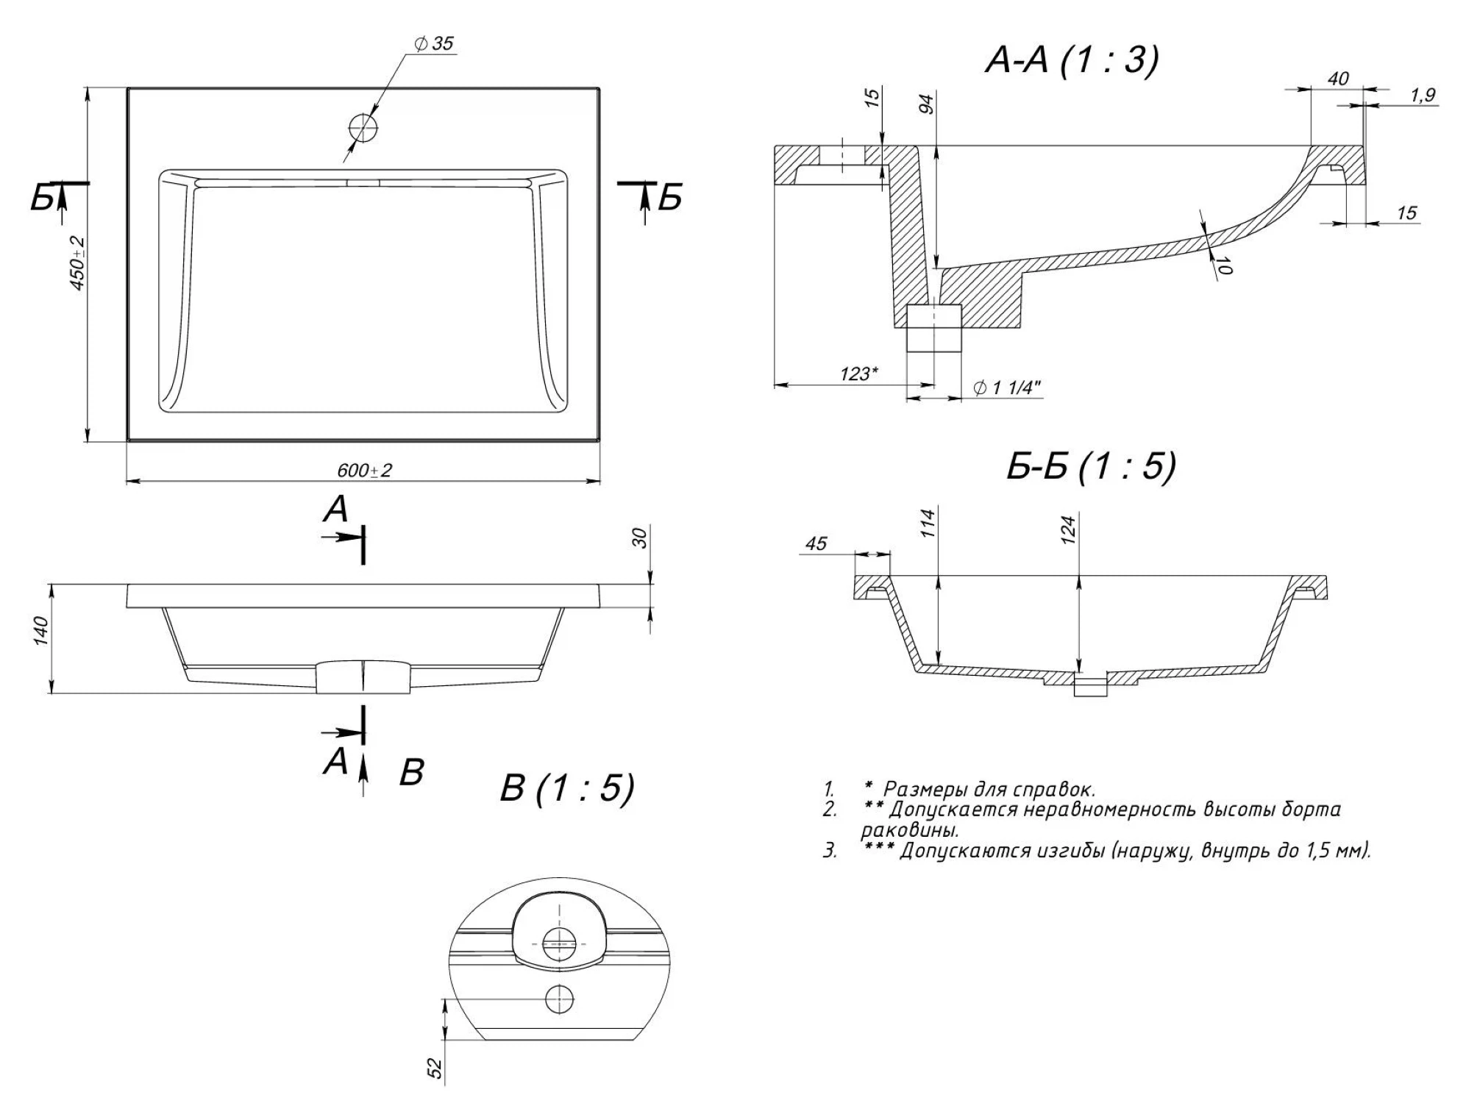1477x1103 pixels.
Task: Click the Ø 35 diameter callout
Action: tap(434, 44)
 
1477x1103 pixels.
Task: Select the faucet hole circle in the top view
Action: tap(363, 128)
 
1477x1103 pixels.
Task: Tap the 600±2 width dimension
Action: tap(364, 470)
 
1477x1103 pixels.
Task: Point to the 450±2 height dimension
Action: tap(78, 263)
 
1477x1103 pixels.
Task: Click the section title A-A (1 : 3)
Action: tap(1071, 60)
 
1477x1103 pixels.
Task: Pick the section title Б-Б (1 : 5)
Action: tap(1091, 466)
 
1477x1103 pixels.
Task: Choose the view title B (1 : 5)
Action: tap(566, 788)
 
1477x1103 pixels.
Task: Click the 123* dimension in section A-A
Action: tap(858, 374)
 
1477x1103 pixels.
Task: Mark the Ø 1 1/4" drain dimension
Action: tap(1007, 388)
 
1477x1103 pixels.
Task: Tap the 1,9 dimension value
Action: tap(1423, 96)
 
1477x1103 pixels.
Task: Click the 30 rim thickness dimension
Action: tap(639, 538)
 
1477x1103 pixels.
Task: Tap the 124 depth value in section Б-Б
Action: tap(1068, 529)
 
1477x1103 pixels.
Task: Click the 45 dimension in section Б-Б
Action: tap(816, 543)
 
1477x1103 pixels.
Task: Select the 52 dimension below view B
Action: tap(435, 1068)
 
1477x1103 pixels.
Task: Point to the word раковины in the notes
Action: tap(909, 832)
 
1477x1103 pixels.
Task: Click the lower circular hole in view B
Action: tap(558, 999)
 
